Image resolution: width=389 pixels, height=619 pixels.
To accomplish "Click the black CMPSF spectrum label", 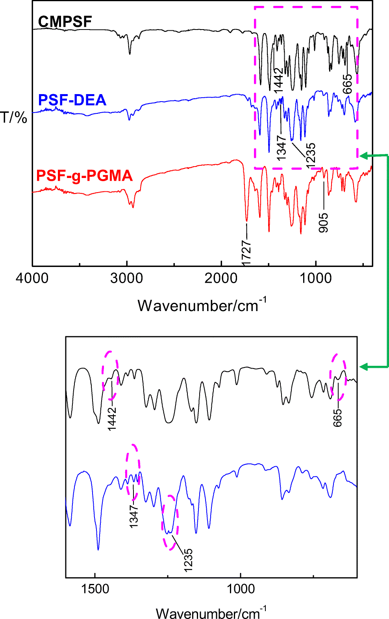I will (x=65, y=22).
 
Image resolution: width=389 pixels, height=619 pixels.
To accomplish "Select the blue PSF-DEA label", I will (x=72, y=100).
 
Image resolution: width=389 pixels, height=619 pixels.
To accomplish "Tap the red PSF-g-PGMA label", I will (x=84, y=176).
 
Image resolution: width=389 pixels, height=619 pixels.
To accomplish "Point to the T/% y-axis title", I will (x=14, y=117).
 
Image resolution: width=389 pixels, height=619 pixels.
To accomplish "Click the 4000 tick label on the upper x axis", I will (x=32, y=278).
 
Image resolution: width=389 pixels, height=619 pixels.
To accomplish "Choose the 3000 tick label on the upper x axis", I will (x=126, y=278).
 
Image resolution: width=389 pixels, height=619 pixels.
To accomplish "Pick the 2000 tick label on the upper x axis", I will (x=221, y=278).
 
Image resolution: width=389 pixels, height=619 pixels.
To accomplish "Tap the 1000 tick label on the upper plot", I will (x=316, y=278).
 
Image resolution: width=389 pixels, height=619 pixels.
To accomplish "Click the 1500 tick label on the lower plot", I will (x=95, y=589).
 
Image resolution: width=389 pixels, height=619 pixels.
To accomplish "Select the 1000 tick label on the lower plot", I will (x=241, y=589).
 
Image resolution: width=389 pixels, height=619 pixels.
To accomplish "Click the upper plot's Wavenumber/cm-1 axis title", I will (x=202, y=305).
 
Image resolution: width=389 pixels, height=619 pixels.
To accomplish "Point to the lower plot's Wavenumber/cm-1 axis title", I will (x=211, y=613).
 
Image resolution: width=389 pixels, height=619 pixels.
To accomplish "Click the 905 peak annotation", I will (x=323, y=222).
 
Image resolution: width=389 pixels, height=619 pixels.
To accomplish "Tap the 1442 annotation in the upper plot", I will (x=278, y=80).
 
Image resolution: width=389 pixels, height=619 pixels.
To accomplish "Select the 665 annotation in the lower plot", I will (x=337, y=418).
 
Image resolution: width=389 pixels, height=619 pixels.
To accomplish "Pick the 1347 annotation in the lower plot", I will (x=134, y=516).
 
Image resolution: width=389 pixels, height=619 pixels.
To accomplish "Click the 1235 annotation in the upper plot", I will (x=311, y=156).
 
